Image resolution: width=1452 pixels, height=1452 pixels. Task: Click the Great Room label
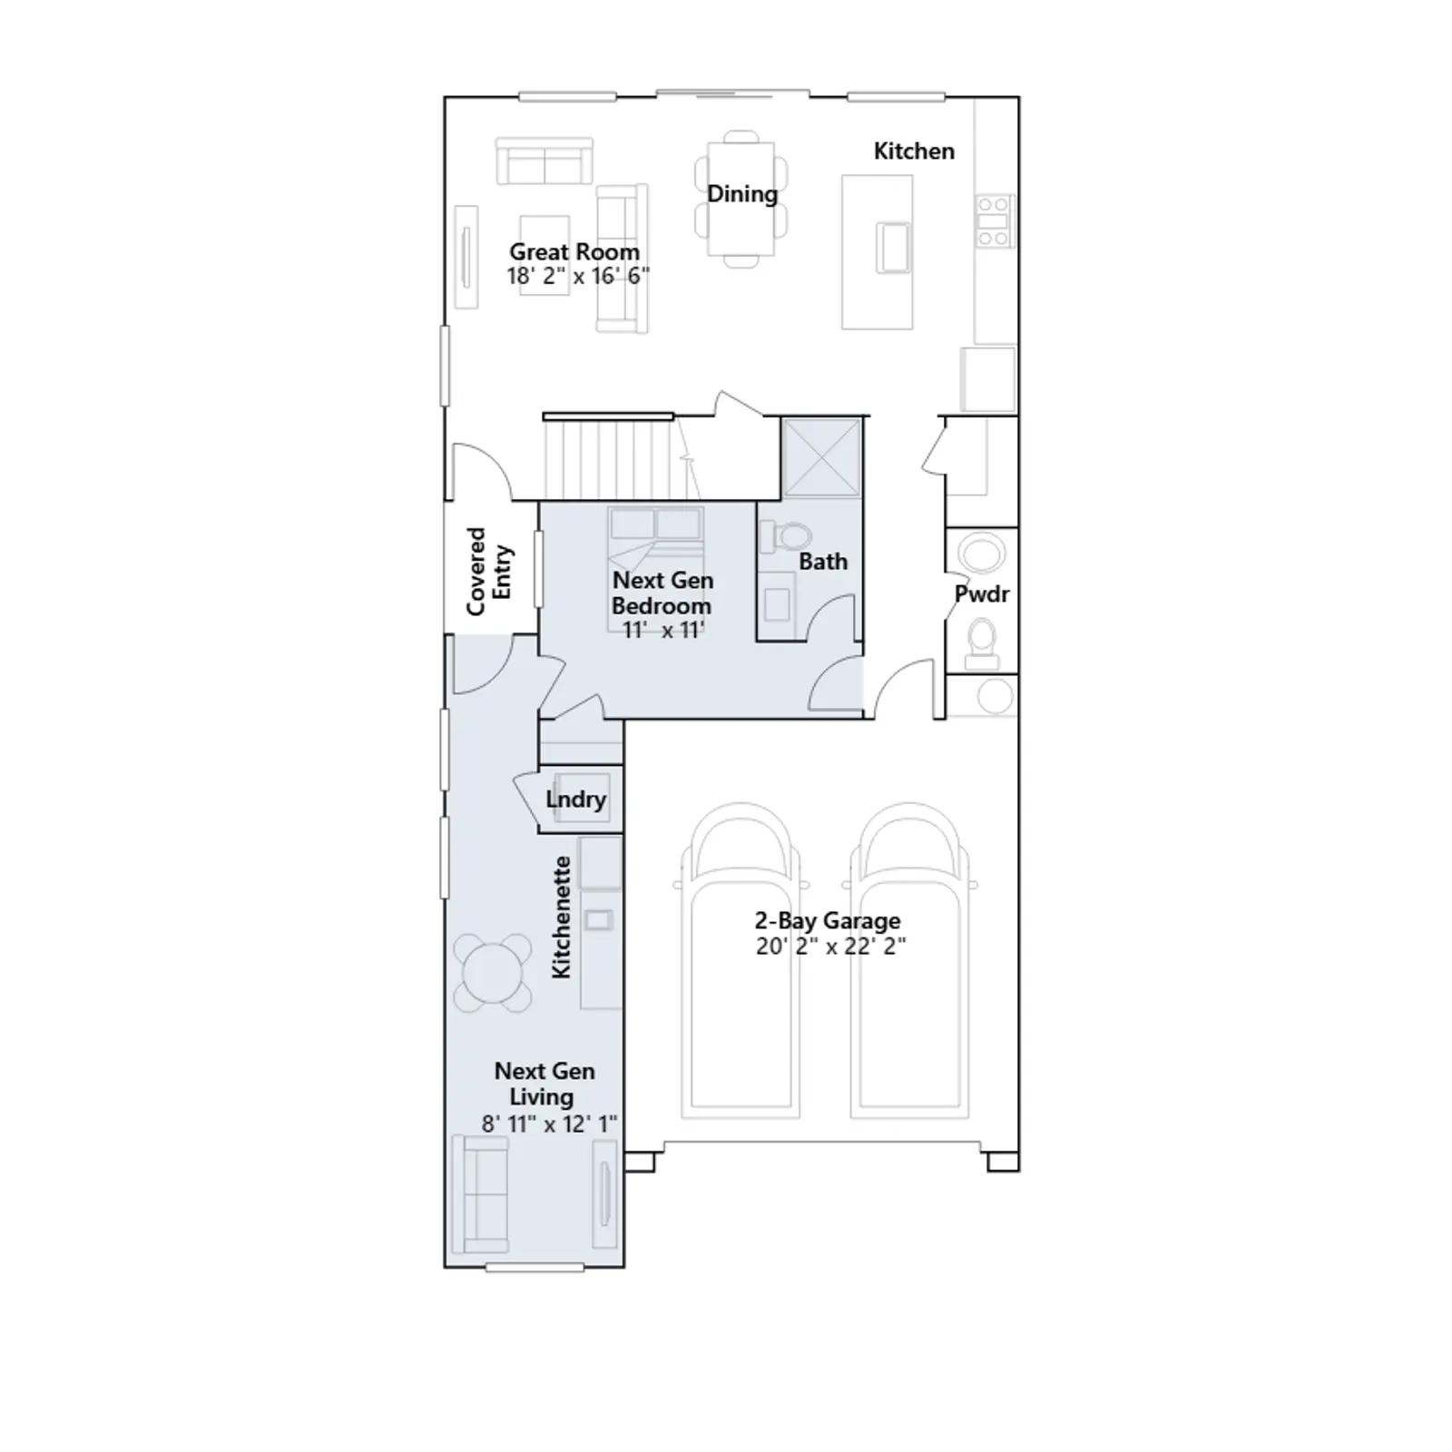574,251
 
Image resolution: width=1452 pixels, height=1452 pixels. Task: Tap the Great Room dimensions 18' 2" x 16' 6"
578,276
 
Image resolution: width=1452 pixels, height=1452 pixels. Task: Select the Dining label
742,194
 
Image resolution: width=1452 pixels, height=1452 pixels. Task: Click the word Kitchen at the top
914,151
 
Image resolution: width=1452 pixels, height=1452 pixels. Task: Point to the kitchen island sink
893,247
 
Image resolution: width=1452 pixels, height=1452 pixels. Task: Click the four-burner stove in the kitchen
994,221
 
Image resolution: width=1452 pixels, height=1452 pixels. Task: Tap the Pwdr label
982,594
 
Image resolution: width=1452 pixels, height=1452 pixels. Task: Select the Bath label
823,562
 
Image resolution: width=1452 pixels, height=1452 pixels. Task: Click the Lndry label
576,800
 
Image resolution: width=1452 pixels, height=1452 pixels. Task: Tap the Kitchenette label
562,917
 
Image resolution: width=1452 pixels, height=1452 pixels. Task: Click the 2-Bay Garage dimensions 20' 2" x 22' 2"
831,947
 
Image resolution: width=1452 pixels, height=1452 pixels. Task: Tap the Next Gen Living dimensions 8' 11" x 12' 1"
549,1123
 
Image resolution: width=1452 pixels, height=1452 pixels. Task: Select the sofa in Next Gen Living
482,1193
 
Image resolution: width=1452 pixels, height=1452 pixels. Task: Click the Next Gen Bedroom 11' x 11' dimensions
663,630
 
